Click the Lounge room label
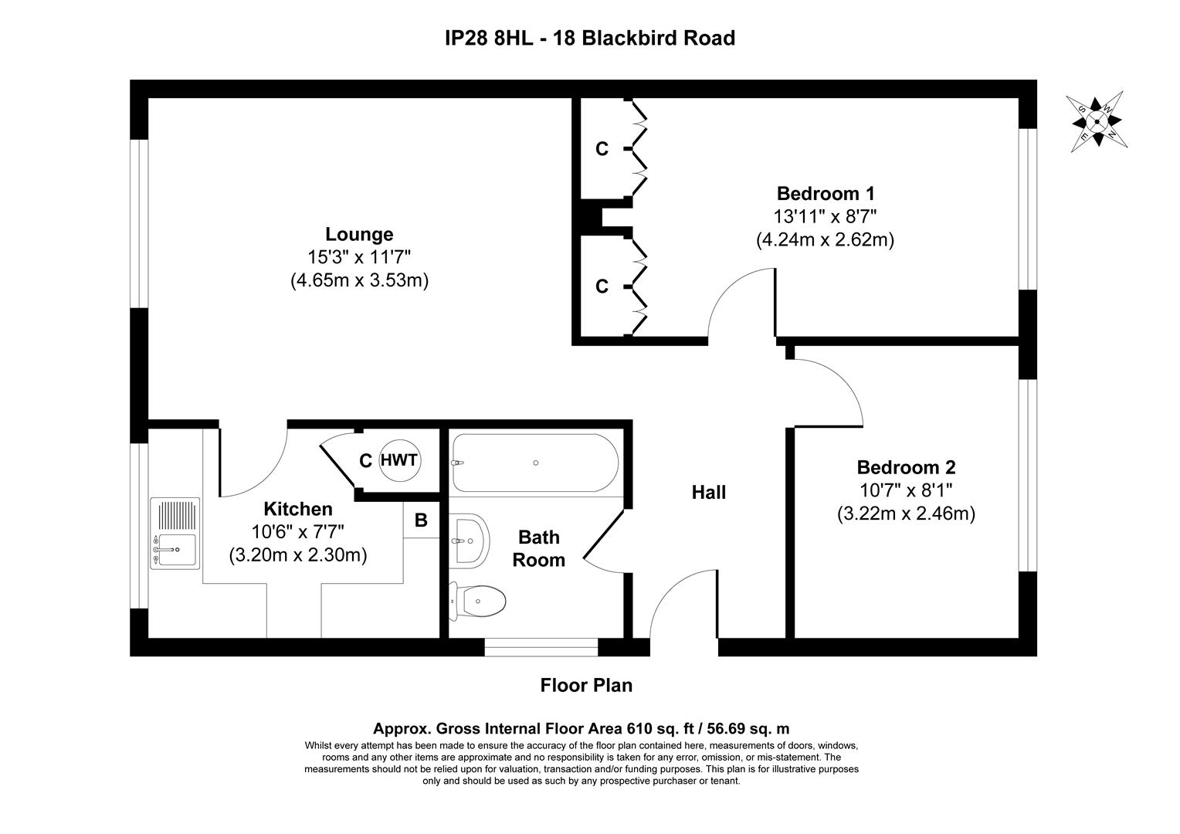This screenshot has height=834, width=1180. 359,234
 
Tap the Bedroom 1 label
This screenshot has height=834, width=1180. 825,193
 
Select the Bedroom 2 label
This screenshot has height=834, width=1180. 906,467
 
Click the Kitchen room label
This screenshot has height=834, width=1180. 298,509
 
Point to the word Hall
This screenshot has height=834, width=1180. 708,492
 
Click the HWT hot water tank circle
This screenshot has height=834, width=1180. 399,461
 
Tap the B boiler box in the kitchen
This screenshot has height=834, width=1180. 421,520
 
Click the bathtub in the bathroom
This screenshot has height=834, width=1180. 534,463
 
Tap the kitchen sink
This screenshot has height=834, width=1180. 175,533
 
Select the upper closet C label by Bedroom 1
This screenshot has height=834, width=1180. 602,149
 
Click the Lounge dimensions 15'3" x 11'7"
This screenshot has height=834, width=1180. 359,257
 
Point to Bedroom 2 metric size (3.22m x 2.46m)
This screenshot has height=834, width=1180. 906,514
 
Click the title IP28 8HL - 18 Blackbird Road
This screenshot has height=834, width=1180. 590,37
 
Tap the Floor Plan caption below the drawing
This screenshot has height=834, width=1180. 586,685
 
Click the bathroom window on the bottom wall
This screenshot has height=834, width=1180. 541,647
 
